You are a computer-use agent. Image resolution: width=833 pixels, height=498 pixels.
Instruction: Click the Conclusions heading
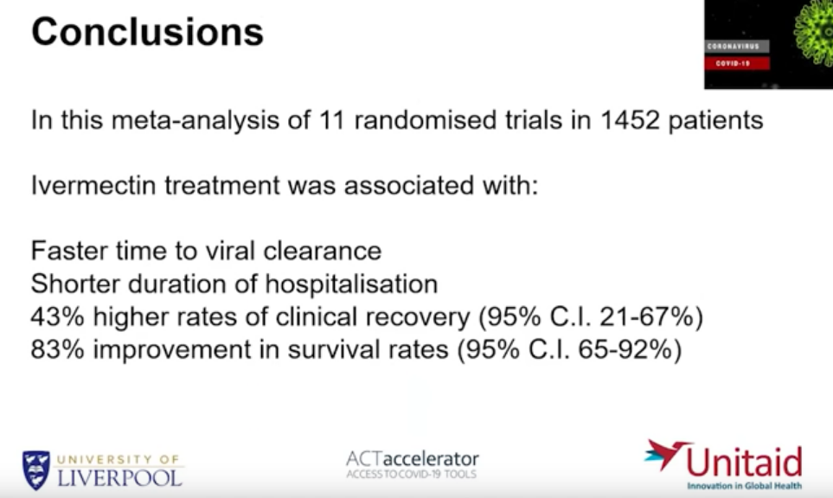148,32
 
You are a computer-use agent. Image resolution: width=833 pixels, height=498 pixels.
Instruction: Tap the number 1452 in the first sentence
630,120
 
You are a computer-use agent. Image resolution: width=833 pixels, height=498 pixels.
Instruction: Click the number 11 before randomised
332,120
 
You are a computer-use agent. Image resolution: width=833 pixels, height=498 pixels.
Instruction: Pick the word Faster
68,251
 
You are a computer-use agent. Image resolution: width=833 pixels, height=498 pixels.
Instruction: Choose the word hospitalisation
351,284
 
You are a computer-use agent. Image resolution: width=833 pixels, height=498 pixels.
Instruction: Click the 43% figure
57,317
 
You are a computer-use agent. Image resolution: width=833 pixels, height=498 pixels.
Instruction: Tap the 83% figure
57,349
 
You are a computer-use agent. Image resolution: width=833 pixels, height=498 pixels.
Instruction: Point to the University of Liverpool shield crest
36,470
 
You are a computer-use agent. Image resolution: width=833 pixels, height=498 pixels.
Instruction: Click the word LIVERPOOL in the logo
119,478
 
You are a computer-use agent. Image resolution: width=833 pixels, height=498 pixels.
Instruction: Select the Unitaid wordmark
744,462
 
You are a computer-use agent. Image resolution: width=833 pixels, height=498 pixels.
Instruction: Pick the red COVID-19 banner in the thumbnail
737,63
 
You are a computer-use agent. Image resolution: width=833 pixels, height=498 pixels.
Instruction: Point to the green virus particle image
814,33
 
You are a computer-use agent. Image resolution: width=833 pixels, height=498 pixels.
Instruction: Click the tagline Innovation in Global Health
744,486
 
